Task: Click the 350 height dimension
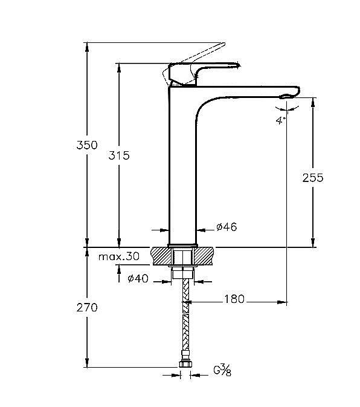[87, 145]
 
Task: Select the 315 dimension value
[119, 155]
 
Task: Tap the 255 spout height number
[313, 178]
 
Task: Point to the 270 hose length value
[87, 308]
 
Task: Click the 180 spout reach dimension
[234, 299]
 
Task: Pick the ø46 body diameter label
[227, 227]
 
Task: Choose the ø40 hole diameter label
[138, 279]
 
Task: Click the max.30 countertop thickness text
[119, 256]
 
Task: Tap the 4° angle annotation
[281, 120]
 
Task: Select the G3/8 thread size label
[222, 370]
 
